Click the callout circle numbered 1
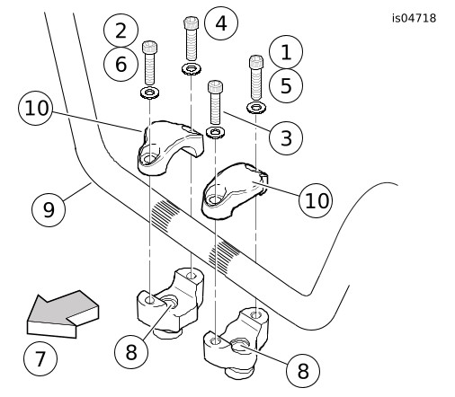(286, 52)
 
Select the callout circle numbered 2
(120, 31)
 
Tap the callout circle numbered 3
(286, 137)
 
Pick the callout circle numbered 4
(221, 23)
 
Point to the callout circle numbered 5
(286, 85)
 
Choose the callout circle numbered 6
(120, 64)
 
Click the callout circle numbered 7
(40, 358)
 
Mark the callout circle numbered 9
(49, 209)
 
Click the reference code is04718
(415, 18)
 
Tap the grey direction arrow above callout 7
(62, 314)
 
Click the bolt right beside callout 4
(191, 38)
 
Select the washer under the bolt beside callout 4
(192, 69)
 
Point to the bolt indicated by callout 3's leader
(215, 102)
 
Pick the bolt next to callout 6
(149, 63)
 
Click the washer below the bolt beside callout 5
(256, 108)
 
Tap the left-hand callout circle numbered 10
(36, 108)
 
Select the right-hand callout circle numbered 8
(303, 371)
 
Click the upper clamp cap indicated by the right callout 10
(234, 191)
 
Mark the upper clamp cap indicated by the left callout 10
(169, 148)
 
